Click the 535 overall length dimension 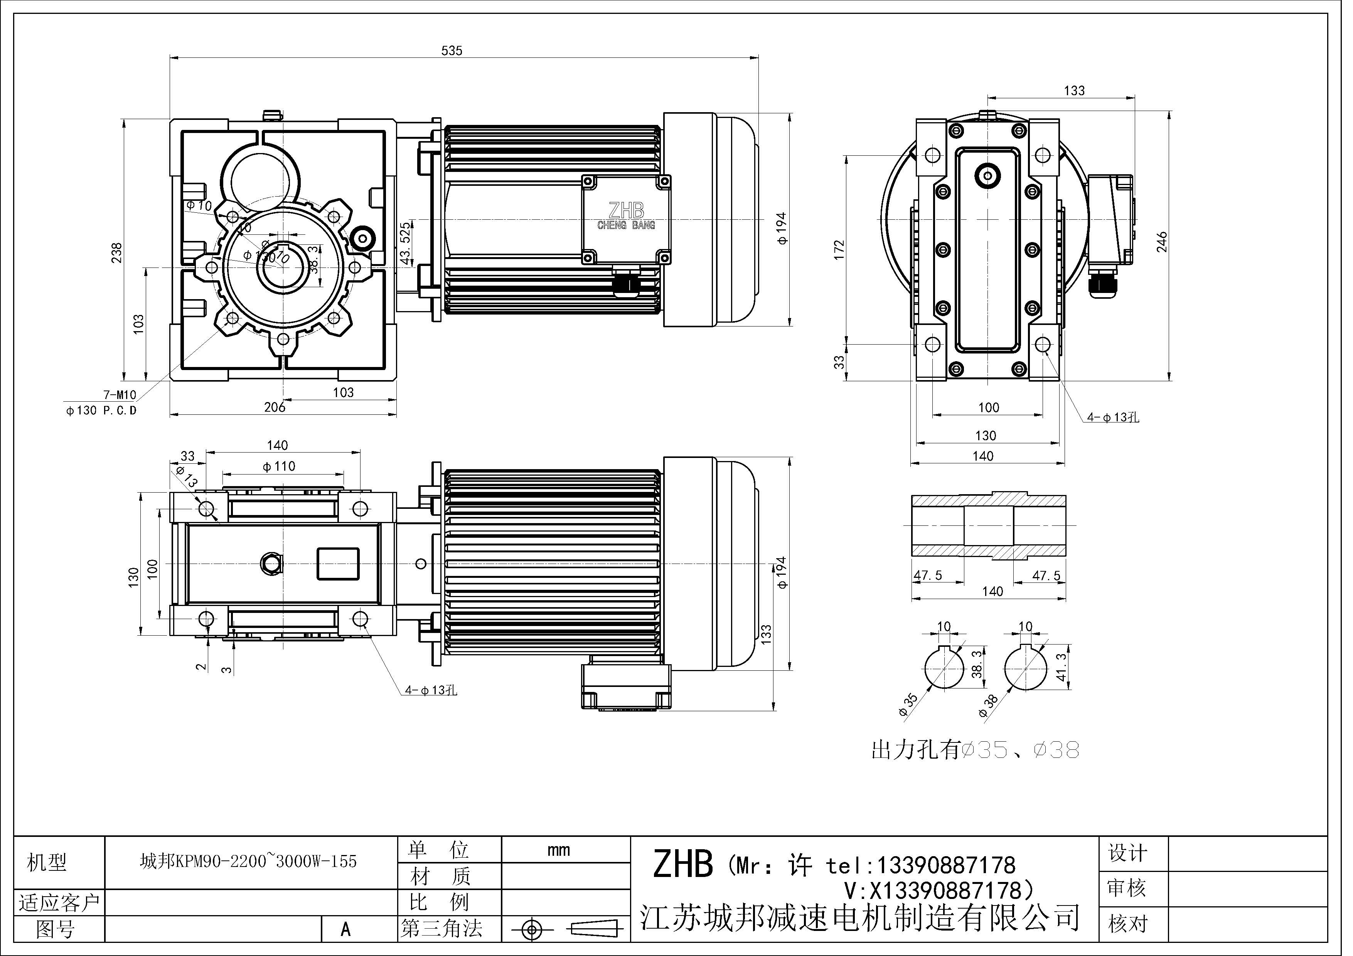coord(452,50)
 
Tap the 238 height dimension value coord(117,253)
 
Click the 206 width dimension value coord(275,407)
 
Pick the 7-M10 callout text coord(119,395)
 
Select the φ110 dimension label coord(279,466)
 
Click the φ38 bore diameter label coord(988,705)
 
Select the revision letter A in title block coord(346,929)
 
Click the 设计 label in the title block coord(1127,853)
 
